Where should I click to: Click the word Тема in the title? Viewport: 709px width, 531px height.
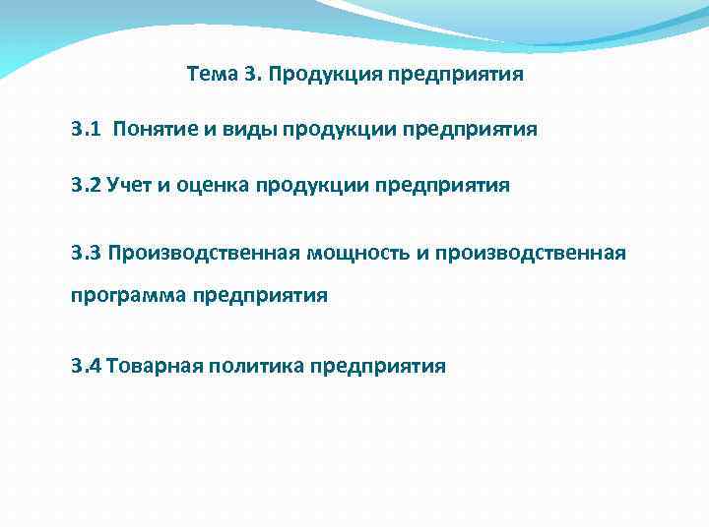(210, 75)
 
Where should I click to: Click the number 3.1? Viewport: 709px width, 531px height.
(85, 129)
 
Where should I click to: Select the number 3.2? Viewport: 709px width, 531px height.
(85, 185)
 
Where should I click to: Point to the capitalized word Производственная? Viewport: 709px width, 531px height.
(204, 254)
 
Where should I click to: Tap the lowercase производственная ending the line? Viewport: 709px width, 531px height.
(530, 254)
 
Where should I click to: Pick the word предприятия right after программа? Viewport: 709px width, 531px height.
(260, 294)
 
